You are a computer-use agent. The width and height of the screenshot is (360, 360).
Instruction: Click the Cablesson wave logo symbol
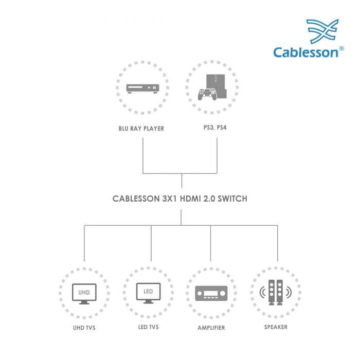click(x=322, y=31)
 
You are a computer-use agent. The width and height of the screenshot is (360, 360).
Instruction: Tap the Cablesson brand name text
click(x=305, y=52)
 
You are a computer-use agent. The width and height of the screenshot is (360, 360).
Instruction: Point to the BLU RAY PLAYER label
click(x=141, y=128)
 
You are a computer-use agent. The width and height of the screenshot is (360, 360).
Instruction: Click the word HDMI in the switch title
click(x=188, y=199)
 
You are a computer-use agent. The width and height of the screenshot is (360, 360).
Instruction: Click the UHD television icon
click(x=84, y=293)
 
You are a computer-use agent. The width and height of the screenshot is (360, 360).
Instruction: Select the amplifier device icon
click(x=211, y=295)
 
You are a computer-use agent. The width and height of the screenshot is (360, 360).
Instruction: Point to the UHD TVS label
click(x=84, y=328)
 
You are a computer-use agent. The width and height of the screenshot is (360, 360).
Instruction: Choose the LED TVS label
click(x=148, y=328)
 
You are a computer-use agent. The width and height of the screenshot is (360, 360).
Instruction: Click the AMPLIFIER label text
click(x=211, y=328)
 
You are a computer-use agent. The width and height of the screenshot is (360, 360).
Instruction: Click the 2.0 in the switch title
click(x=208, y=199)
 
